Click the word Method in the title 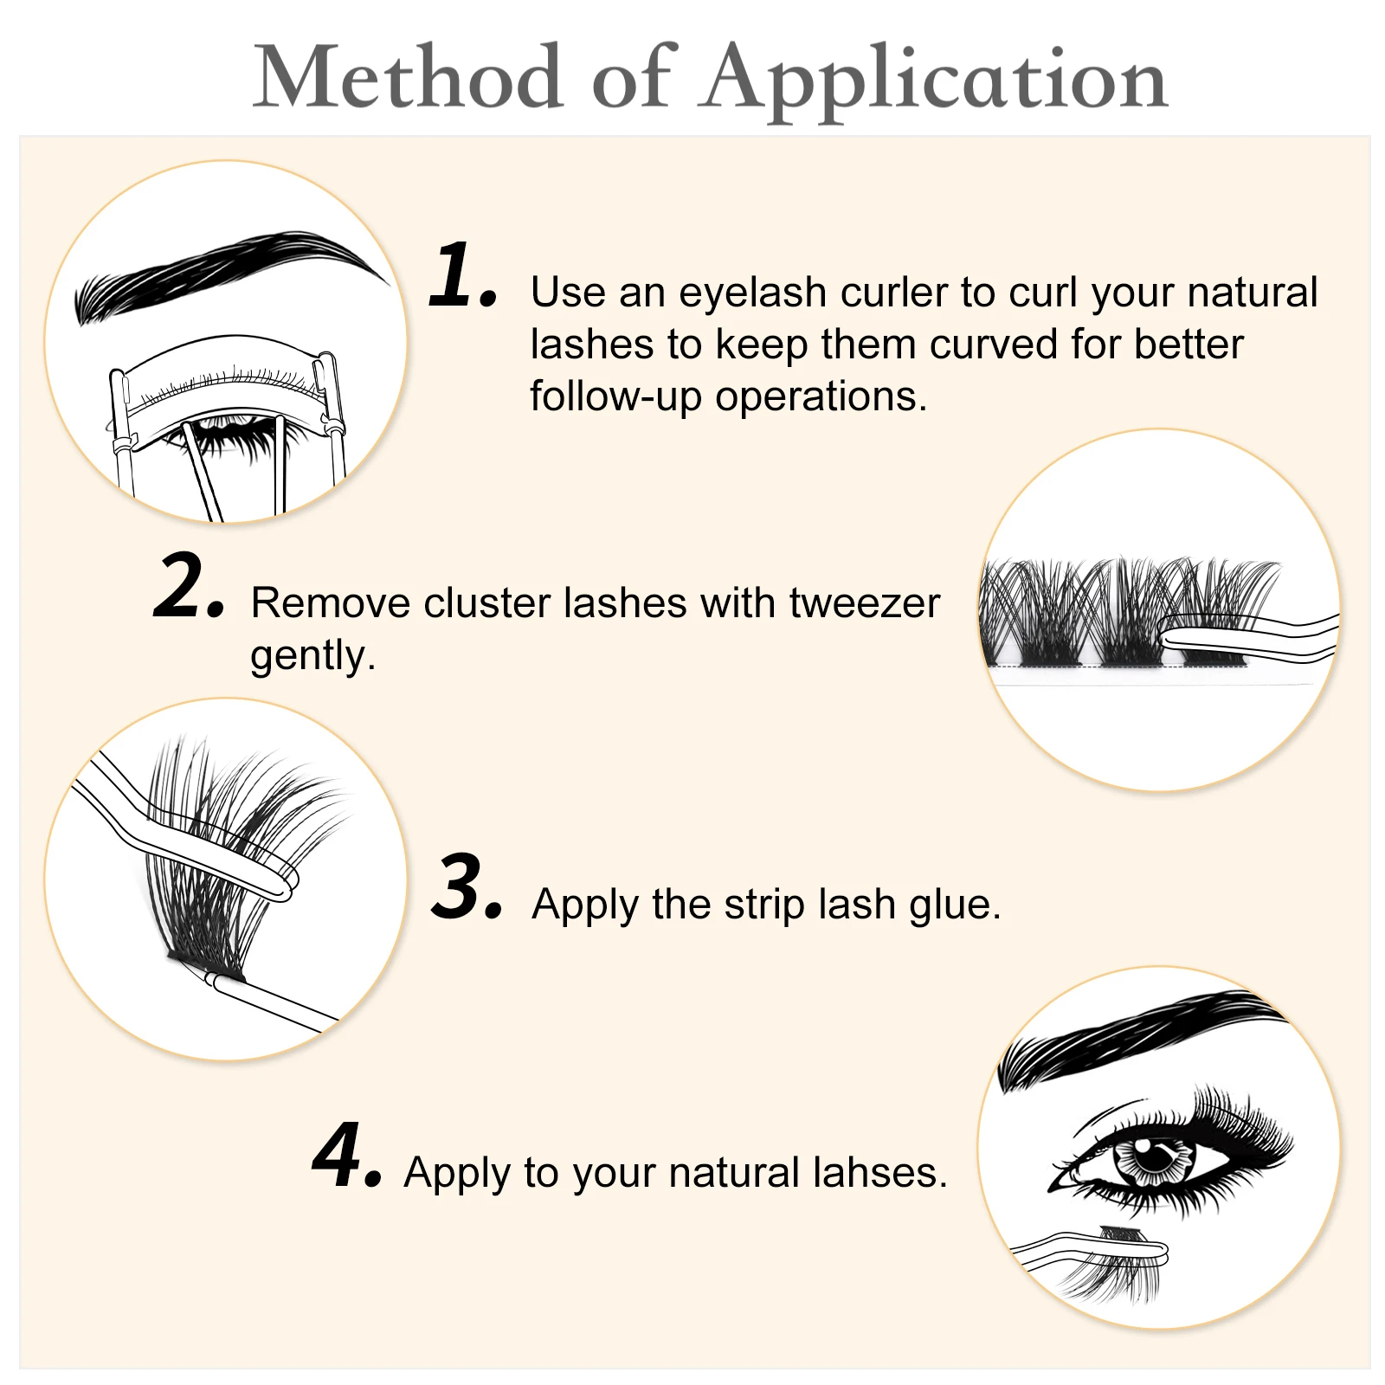(x=407, y=78)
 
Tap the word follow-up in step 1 (x=615, y=396)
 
